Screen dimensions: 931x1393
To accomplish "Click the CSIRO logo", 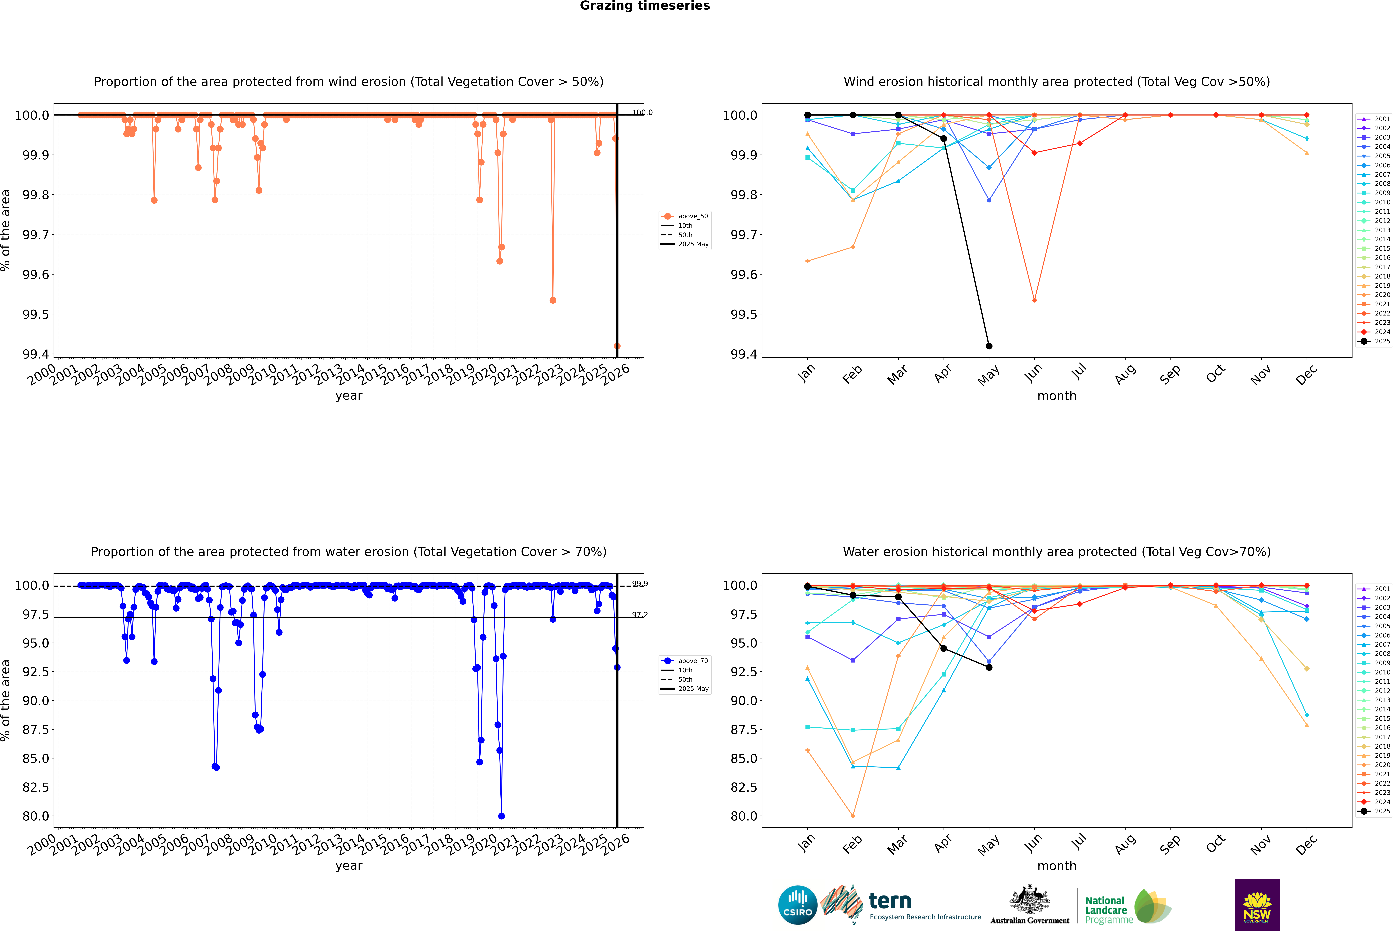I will [x=798, y=905].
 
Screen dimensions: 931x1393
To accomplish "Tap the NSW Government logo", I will [x=1257, y=905].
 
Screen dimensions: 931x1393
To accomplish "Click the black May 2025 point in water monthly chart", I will [x=989, y=667].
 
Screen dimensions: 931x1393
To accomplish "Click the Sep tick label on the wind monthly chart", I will [x=1170, y=374].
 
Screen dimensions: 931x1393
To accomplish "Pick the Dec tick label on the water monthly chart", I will [x=1306, y=844].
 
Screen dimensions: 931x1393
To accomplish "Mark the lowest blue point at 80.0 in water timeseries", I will [x=501, y=816].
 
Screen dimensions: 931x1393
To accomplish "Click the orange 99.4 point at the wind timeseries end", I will [x=617, y=346].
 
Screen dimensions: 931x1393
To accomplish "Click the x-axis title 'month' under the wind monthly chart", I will [x=1056, y=396].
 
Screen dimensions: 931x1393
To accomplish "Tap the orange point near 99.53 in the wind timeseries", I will [x=553, y=300].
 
